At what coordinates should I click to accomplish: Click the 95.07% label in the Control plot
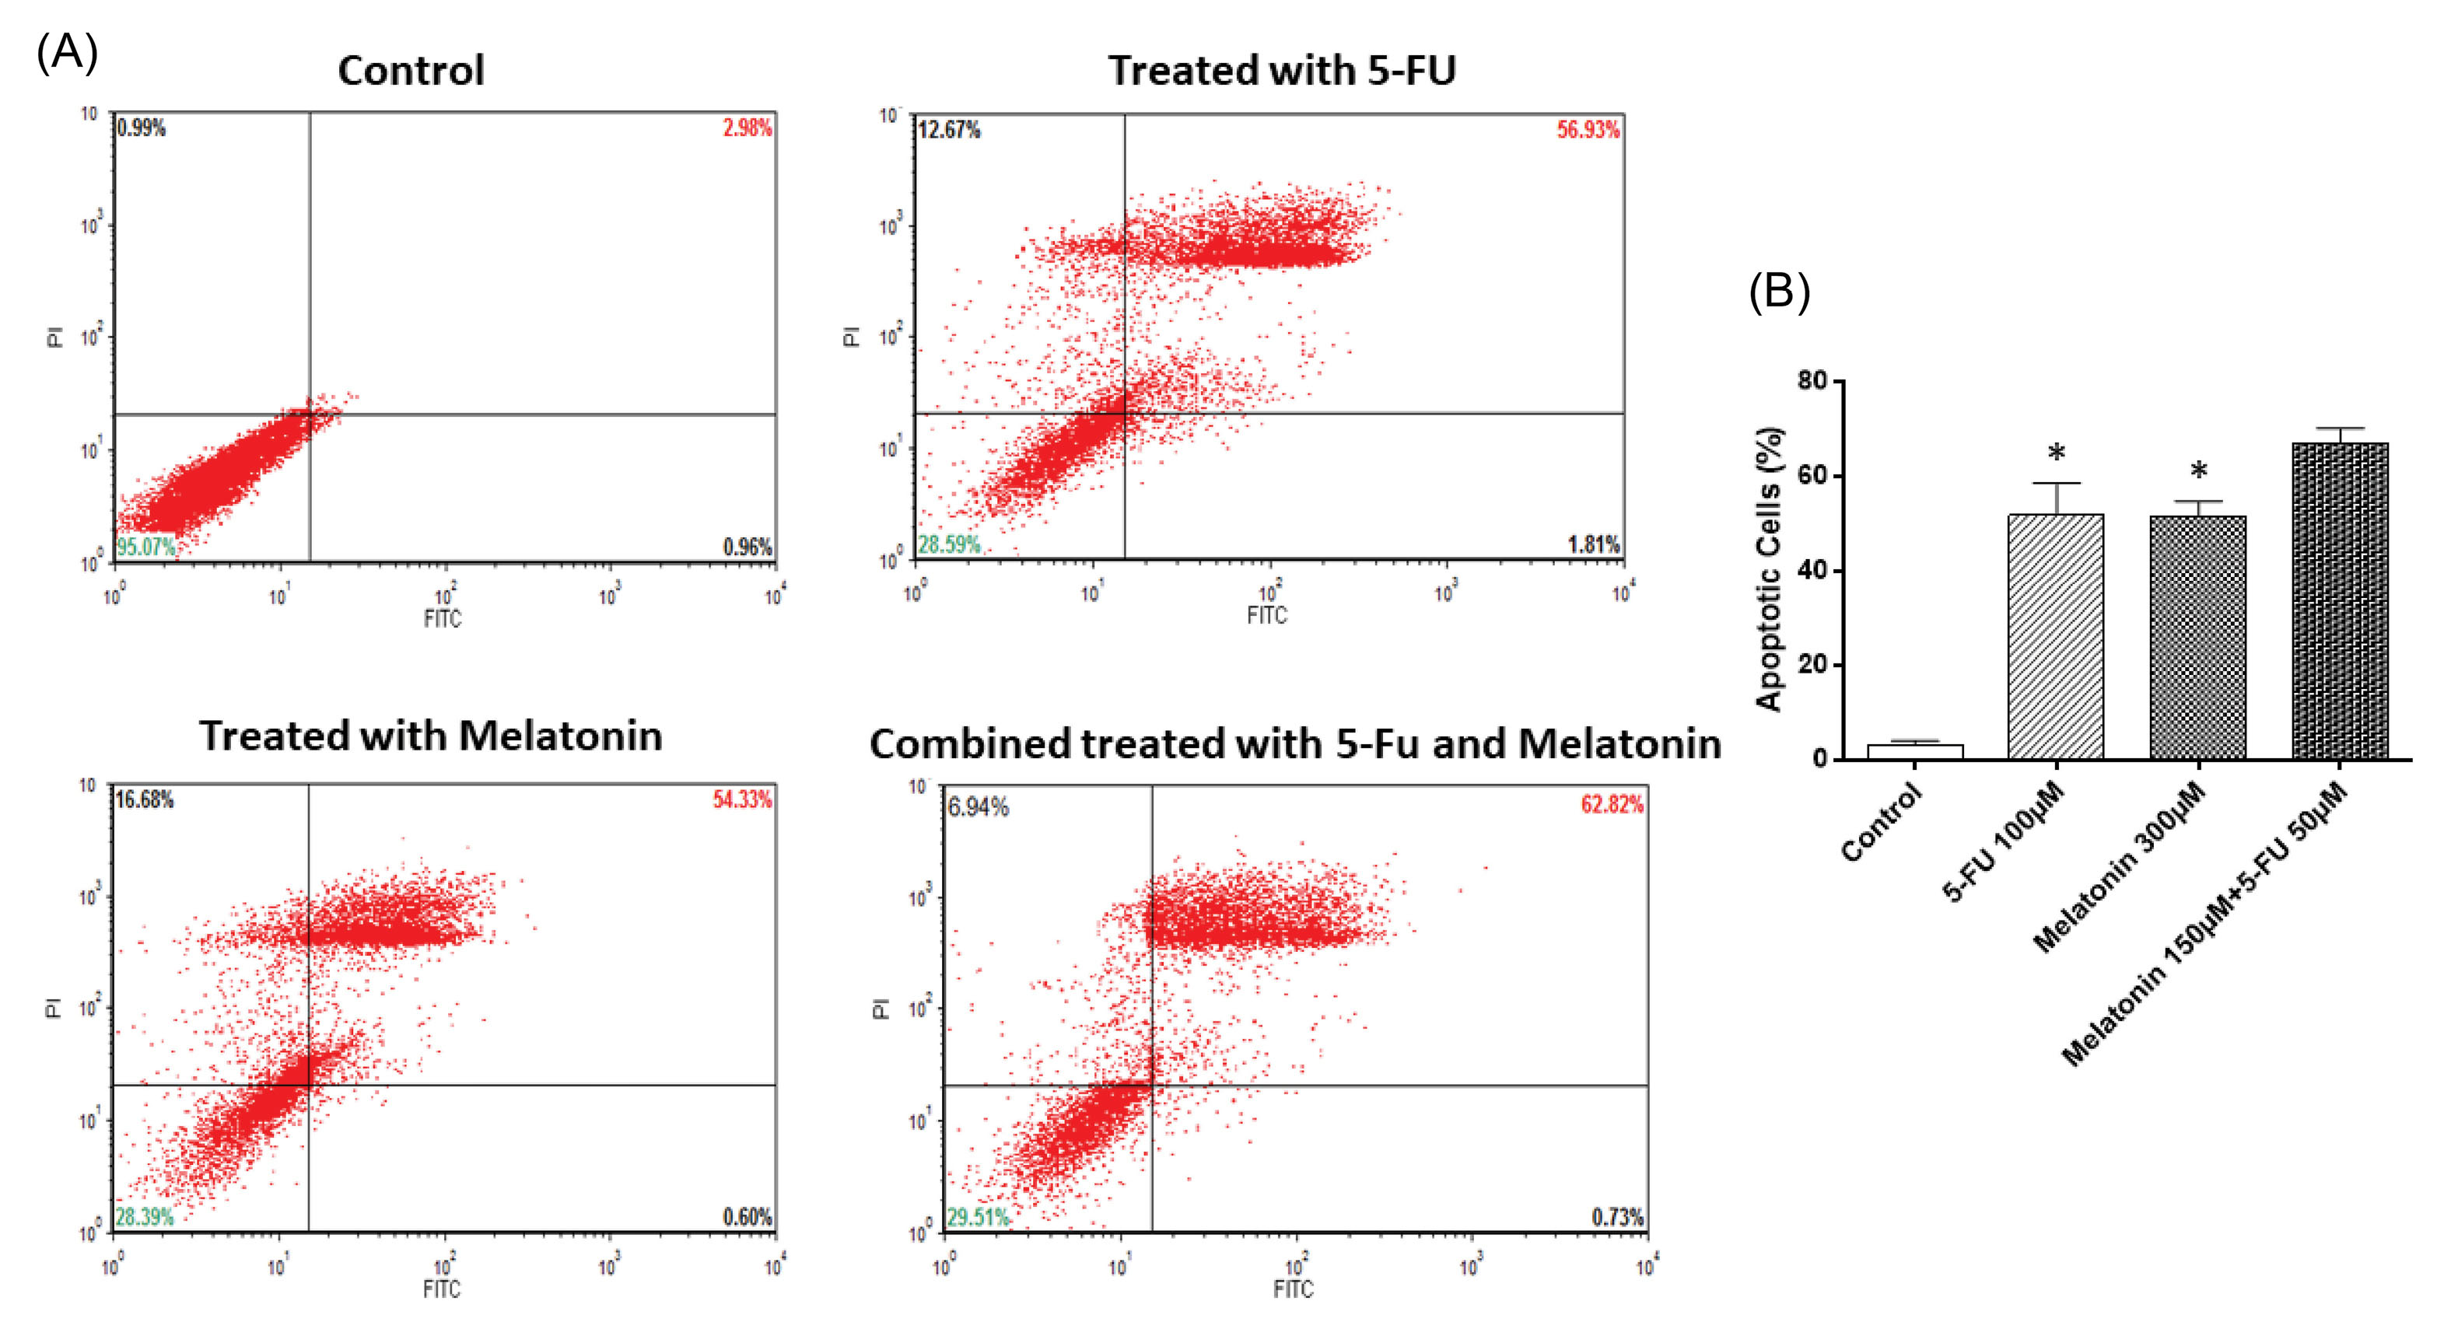pos(145,547)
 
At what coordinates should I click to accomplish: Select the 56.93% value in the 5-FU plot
pos(1588,129)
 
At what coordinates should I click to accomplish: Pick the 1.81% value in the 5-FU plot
pos(1594,544)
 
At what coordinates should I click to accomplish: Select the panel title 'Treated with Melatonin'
pos(430,736)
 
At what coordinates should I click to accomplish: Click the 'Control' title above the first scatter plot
pos(411,71)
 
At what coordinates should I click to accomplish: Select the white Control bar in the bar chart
pos(1914,751)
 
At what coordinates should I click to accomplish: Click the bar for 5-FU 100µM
pos(2056,635)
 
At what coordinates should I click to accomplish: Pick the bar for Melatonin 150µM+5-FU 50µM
pos(2340,600)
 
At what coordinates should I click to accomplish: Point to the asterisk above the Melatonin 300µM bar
pos(2198,470)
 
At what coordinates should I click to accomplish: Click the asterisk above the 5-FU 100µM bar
pos(2056,453)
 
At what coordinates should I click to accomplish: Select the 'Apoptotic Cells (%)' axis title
pos(1770,569)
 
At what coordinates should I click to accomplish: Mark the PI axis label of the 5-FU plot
pos(851,336)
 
